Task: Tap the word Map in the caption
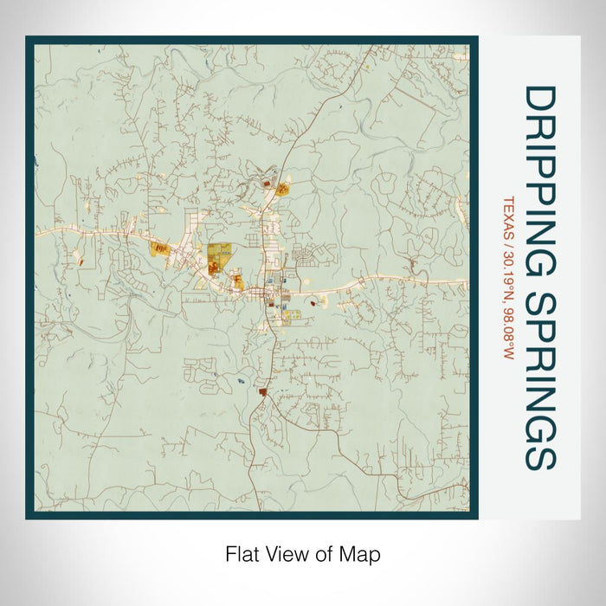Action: (x=363, y=555)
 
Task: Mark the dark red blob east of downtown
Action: (x=311, y=303)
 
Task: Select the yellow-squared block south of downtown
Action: (x=284, y=316)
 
